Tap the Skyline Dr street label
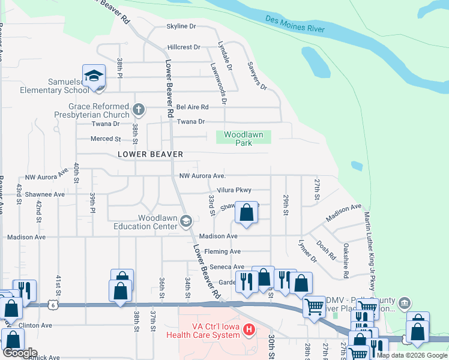[181, 26]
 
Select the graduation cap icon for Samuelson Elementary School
[94, 76]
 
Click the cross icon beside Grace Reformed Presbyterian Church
[139, 109]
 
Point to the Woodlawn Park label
[244, 139]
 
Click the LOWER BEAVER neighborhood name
[150, 154]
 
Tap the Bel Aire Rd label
[192, 107]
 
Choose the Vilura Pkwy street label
[234, 190]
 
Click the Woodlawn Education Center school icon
[185, 222]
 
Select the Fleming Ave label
[222, 251]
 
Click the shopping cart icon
[314, 307]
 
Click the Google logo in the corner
[20, 352]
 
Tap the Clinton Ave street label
[35, 325]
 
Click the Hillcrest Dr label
[184, 47]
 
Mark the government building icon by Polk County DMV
[405, 302]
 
